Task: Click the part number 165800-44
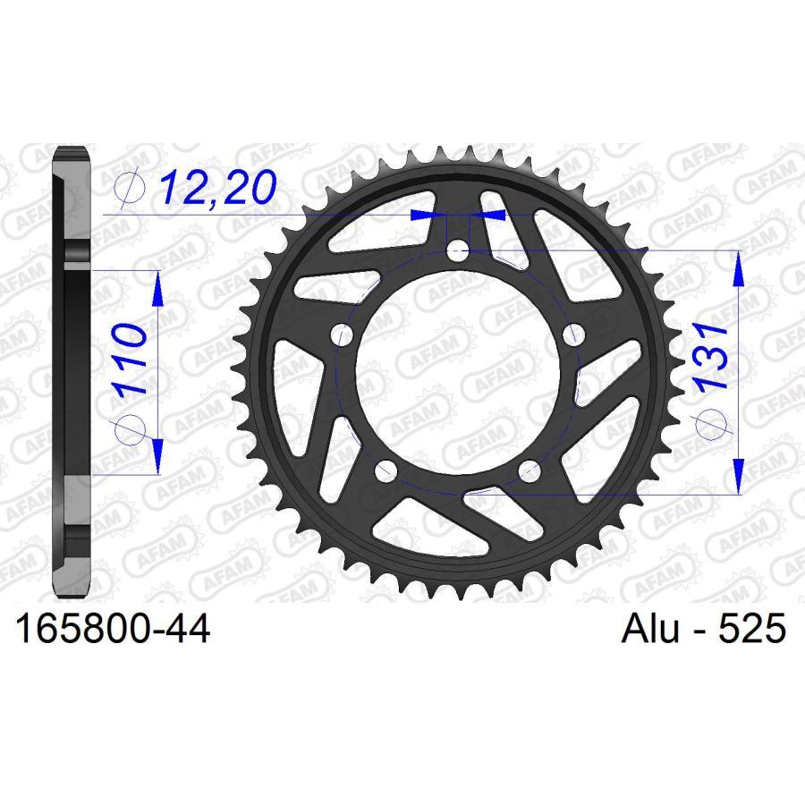coord(112,630)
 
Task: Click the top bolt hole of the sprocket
coord(458,250)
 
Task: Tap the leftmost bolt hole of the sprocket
coord(341,335)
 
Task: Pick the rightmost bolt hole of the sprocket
coord(574,335)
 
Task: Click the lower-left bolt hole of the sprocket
coord(386,470)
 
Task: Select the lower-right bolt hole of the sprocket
coord(530,470)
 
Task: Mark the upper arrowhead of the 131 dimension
coord(739,267)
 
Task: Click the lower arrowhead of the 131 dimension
coord(739,478)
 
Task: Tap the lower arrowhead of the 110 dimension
coord(157,458)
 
